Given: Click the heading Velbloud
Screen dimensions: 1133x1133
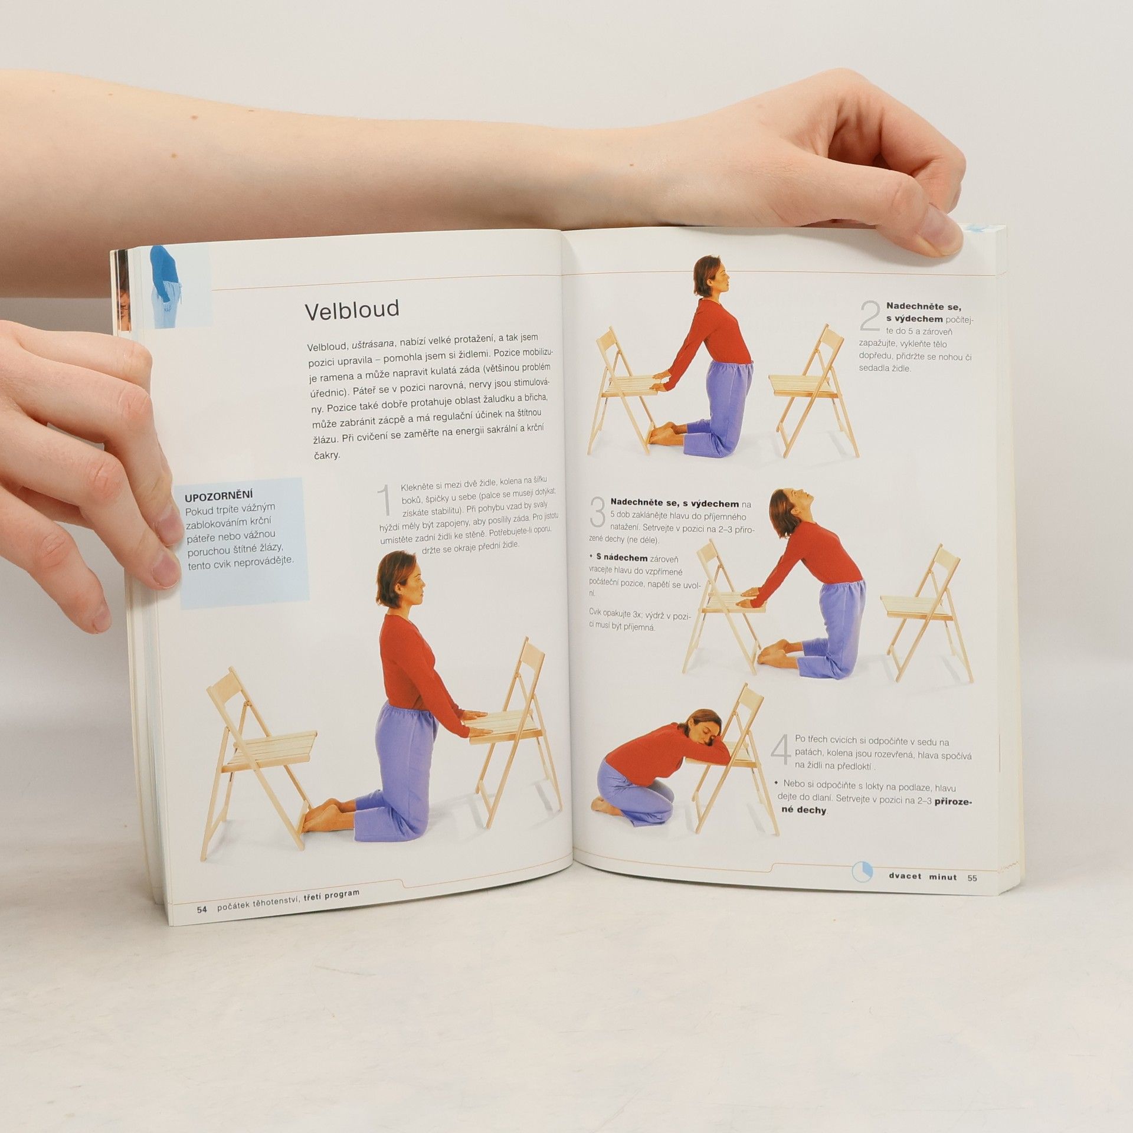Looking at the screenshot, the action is tap(352, 309).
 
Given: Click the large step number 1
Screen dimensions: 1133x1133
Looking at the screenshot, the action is tap(385, 500).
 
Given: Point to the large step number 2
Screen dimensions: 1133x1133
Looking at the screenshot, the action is tap(870, 316).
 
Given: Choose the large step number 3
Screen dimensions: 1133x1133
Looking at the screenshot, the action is tap(598, 511).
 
